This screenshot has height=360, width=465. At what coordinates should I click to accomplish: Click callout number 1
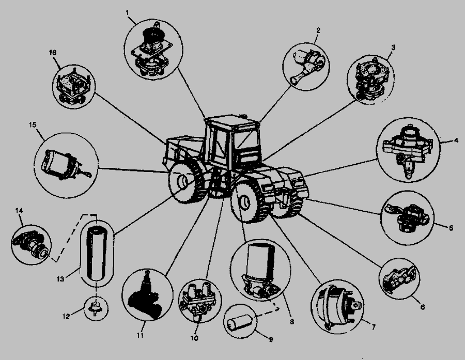(x=127, y=13)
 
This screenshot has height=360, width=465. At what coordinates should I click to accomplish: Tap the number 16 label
(x=53, y=53)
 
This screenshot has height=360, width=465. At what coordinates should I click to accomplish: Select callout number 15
(x=33, y=124)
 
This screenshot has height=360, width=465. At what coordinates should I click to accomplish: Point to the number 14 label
(x=19, y=211)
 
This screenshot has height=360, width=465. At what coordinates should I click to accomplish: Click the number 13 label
(x=60, y=279)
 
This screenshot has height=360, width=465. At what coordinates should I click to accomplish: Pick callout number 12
(x=66, y=317)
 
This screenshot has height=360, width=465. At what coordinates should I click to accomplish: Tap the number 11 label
(x=140, y=335)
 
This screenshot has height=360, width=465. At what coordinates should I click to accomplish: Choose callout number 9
(x=270, y=339)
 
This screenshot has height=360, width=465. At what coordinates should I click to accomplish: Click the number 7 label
(x=374, y=327)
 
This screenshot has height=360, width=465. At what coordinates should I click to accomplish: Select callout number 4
(x=456, y=140)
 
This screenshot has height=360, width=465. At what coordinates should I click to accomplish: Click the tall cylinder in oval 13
(x=97, y=253)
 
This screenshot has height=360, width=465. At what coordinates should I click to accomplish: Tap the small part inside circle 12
(x=96, y=308)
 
